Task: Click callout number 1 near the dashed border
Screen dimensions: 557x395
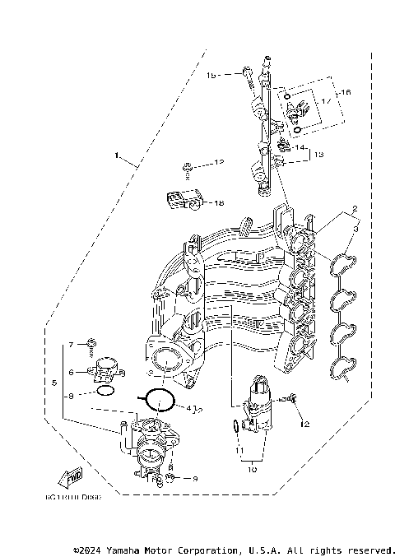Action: coord(118,155)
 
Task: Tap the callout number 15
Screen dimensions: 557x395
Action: coord(211,76)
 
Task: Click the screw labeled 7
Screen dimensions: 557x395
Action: coord(93,344)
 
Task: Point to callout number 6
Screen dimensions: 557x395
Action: coord(72,373)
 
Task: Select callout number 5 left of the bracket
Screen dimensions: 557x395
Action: coord(55,383)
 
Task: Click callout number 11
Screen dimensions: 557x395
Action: coord(239,452)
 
